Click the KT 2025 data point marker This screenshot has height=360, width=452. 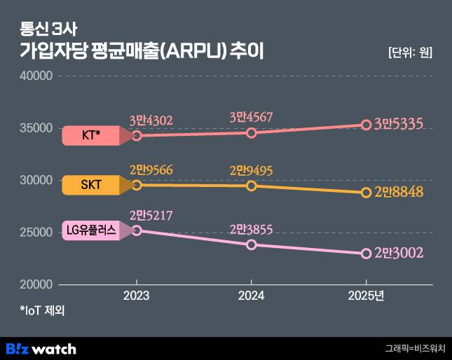[x=366, y=125]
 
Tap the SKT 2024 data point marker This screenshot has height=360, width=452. [x=252, y=186]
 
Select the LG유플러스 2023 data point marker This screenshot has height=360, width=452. [x=137, y=230]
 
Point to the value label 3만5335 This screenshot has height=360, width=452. [x=399, y=125]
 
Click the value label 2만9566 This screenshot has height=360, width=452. [x=151, y=169]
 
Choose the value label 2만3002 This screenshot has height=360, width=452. [x=399, y=253]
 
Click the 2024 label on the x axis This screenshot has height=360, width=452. [x=252, y=296]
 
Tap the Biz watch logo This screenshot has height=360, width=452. [x=41, y=348]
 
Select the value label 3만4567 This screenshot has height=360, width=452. [x=251, y=118]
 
